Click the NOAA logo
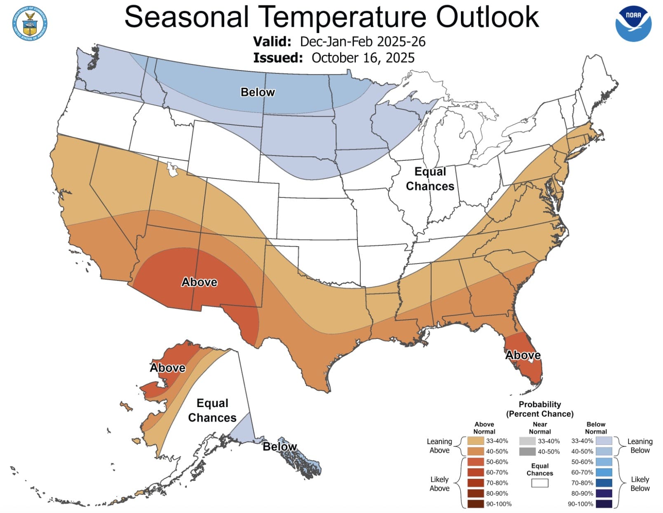point(633,24)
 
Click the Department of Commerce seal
point(30,23)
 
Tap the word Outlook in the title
point(487,17)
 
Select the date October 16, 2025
point(363,58)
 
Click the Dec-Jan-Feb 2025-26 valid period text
point(363,42)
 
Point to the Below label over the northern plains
point(258,92)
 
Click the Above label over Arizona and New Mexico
point(200,282)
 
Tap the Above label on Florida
point(523,355)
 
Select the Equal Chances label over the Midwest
point(430,179)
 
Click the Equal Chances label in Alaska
point(212,410)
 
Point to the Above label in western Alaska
point(167,368)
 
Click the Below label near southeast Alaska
point(280,447)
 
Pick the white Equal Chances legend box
point(540,483)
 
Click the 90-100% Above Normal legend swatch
point(475,504)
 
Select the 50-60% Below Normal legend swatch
point(604,462)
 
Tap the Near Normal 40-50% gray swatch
point(527,452)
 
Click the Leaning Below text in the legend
point(640,446)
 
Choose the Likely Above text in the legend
point(440,484)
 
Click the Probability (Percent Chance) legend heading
point(540,409)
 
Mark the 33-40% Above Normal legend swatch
point(475,441)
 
